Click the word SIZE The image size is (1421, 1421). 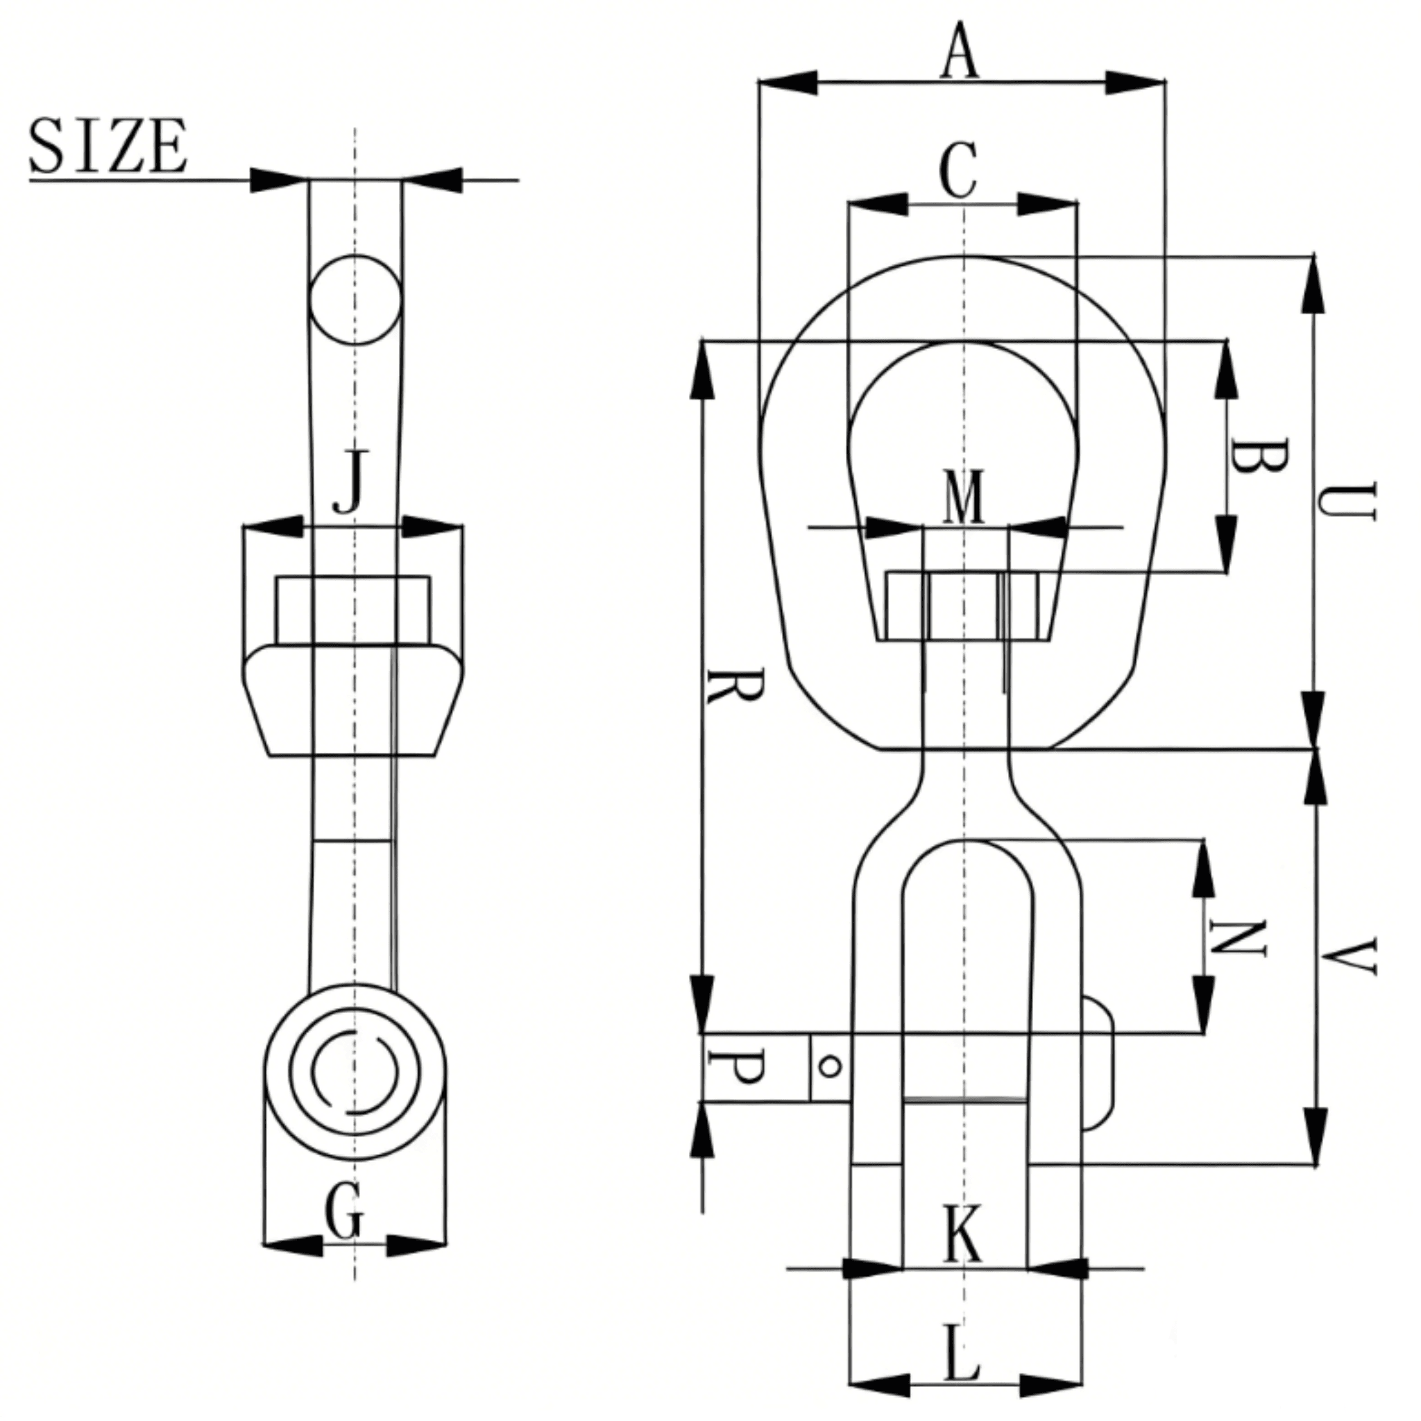tap(108, 146)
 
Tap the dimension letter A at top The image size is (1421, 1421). tap(960, 51)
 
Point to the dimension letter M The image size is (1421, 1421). tap(964, 498)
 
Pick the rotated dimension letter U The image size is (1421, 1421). tap(1345, 502)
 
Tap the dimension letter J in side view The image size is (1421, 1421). tap(351, 482)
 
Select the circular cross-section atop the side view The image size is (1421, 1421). tap(355, 300)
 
